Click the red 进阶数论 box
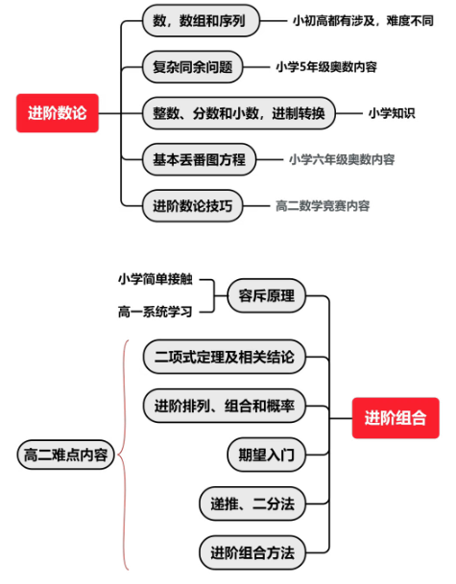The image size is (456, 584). pyautogui.click(x=58, y=113)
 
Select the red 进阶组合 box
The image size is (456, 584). pyautogui.click(x=396, y=418)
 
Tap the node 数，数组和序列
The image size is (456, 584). pyautogui.click(x=201, y=21)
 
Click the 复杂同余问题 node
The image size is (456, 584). pyautogui.click(x=192, y=67)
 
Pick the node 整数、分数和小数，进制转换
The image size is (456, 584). pyautogui.click(x=239, y=113)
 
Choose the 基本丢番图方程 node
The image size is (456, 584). pyautogui.click(x=199, y=159)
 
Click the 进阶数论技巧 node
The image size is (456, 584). pyautogui.click(x=192, y=205)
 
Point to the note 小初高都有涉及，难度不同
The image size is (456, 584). pyautogui.click(x=363, y=21)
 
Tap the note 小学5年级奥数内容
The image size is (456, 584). pyautogui.click(x=326, y=67)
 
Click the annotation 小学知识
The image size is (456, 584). pyautogui.click(x=392, y=113)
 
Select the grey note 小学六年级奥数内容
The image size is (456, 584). pyautogui.click(x=342, y=159)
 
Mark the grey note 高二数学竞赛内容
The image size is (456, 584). pyautogui.click(x=323, y=205)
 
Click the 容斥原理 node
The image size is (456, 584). pyautogui.click(x=267, y=296)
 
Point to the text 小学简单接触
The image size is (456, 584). pyautogui.click(x=156, y=279)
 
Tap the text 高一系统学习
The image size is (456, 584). pyautogui.click(x=156, y=312)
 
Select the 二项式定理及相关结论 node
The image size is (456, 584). pyautogui.click(x=225, y=357)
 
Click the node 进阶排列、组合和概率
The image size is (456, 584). pyautogui.click(x=225, y=406)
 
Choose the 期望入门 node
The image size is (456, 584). pyautogui.click(x=267, y=455)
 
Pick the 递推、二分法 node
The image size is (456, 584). pyautogui.click(x=252, y=503)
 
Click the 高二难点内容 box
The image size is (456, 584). pyautogui.click(x=65, y=455)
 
